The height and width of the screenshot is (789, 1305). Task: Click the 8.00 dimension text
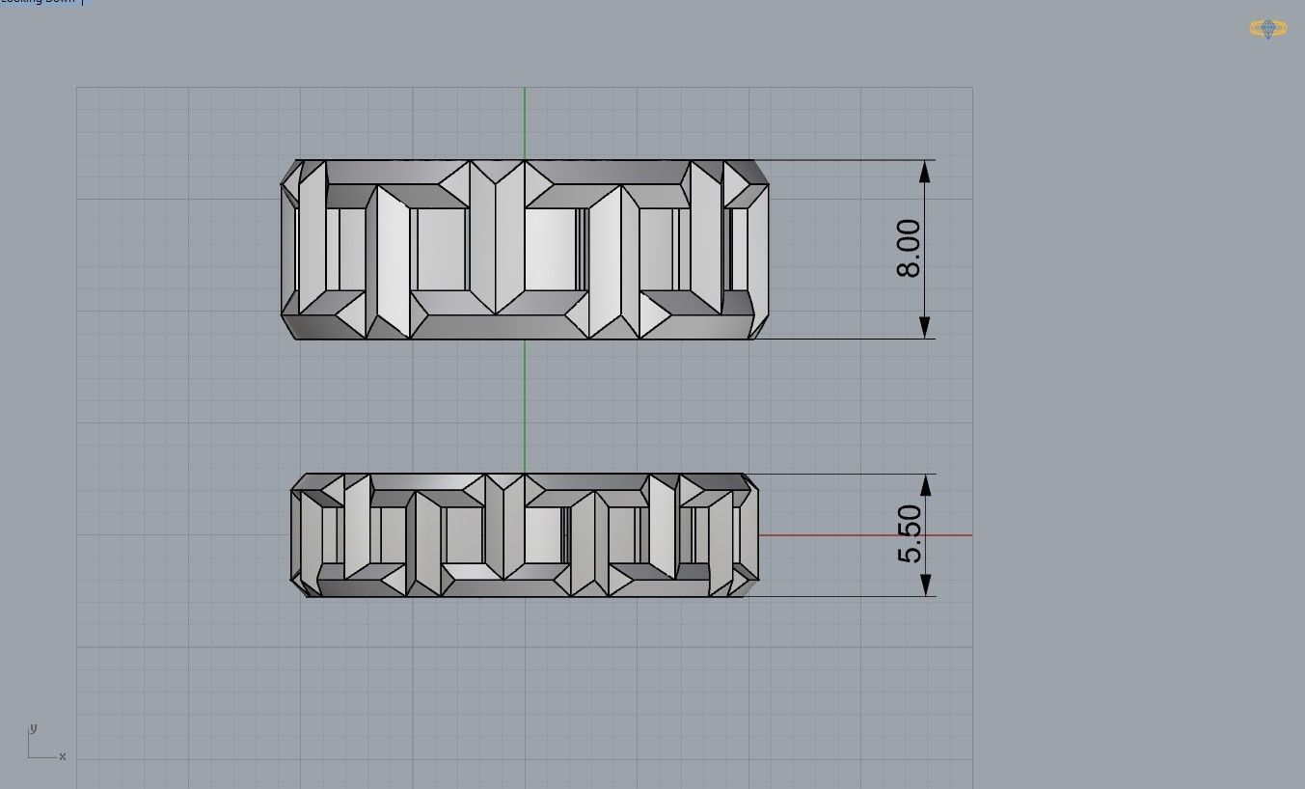(909, 249)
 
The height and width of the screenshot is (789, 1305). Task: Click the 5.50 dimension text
(910, 534)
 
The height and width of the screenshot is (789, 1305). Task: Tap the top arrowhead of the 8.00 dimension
(925, 172)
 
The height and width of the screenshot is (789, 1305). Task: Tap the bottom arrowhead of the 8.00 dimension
(925, 327)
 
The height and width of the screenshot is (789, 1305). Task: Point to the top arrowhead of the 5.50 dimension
(925, 485)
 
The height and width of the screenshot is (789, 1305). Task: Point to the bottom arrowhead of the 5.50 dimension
(925, 585)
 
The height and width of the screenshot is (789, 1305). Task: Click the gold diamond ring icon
(1267, 28)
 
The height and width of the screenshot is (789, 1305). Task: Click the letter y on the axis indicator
(33, 728)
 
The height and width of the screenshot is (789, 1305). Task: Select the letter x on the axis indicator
(63, 756)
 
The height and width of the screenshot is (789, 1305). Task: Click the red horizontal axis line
(868, 534)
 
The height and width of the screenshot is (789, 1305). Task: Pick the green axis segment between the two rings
(525, 405)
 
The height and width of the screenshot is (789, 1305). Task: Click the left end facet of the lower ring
(296, 535)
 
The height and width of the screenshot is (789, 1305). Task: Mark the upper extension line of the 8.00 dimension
(849, 160)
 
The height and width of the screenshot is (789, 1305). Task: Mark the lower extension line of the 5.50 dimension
(849, 596)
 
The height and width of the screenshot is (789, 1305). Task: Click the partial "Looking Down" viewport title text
(39, 2)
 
